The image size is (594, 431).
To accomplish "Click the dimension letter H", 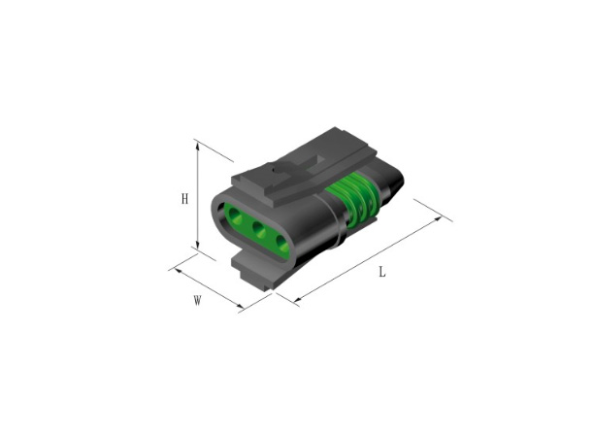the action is (184, 198).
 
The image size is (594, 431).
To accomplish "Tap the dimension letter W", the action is (197, 301).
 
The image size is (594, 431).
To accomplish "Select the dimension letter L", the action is (382, 272).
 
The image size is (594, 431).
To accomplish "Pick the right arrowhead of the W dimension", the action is (239, 305).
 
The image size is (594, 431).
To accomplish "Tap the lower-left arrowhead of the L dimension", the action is (298, 300).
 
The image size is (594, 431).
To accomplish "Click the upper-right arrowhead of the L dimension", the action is (439, 219).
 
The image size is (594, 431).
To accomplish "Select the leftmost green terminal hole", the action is (235, 217).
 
